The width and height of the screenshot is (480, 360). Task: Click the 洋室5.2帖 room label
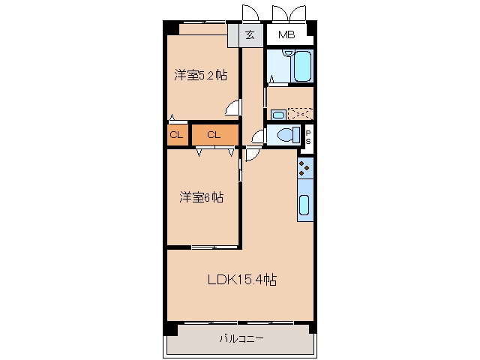pyautogui.click(x=201, y=75)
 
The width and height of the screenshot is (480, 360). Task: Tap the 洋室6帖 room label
pyautogui.click(x=202, y=197)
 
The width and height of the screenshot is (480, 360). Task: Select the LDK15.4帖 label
pyautogui.click(x=242, y=279)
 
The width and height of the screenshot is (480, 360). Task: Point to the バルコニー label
pyautogui.click(x=241, y=338)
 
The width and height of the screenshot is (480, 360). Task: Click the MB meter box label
pyautogui.click(x=286, y=35)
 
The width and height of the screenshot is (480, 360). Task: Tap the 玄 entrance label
pyautogui.click(x=250, y=35)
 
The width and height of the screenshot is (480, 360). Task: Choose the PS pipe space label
pyautogui.click(x=308, y=137)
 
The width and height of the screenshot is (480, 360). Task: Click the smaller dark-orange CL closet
pyautogui.click(x=177, y=135)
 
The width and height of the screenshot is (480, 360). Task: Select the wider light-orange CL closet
pyautogui.click(x=215, y=135)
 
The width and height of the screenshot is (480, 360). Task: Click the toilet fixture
pyautogui.click(x=288, y=135)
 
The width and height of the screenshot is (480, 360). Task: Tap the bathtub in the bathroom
pyautogui.click(x=303, y=66)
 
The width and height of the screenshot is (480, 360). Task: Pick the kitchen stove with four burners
pyautogui.click(x=305, y=168)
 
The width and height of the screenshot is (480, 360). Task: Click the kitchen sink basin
pyautogui.click(x=304, y=205)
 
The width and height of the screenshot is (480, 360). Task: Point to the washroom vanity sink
pyautogui.click(x=278, y=115)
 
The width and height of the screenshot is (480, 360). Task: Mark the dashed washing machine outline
pyautogui.click(x=300, y=114)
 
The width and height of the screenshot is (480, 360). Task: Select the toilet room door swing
pyautogui.click(x=258, y=136)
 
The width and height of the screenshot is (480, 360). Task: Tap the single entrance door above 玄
pyautogui.click(x=250, y=13)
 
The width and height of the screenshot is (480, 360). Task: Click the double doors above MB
pyautogui.click(x=289, y=13)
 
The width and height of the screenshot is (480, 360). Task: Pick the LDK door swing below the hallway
pyautogui.click(x=253, y=154)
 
